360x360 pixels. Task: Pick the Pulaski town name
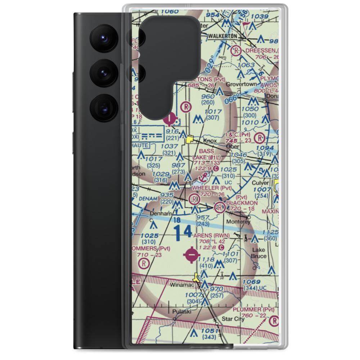coord(181,312)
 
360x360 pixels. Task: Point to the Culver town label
coord(260,183)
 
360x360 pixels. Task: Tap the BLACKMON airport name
coord(242,203)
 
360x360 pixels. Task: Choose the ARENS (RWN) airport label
coord(211,235)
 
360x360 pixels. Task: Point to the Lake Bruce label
coord(259,253)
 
